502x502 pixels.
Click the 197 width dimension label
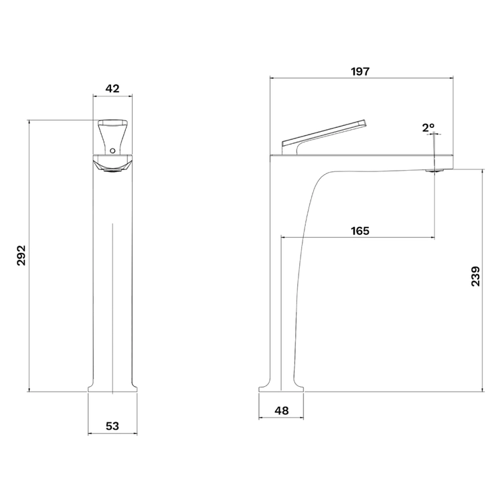pyautogui.click(x=361, y=72)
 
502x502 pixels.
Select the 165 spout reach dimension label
pyautogui.click(x=360, y=230)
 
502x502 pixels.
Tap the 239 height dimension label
pyautogui.click(x=476, y=276)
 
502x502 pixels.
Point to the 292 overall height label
pyautogui.click(x=21, y=255)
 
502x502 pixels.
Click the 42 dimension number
pyautogui.click(x=112, y=88)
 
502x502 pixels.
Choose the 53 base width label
pyautogui.click(x=112, y=426)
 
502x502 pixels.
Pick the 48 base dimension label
pyautogui.click(x=282, y=410)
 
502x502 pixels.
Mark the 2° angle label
pyautogui.click(x=428, y=128)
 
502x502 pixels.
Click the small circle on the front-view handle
pyautogui.click(x=112, y=151)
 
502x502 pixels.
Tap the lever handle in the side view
pyautogui.click(x=323, y=137)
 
